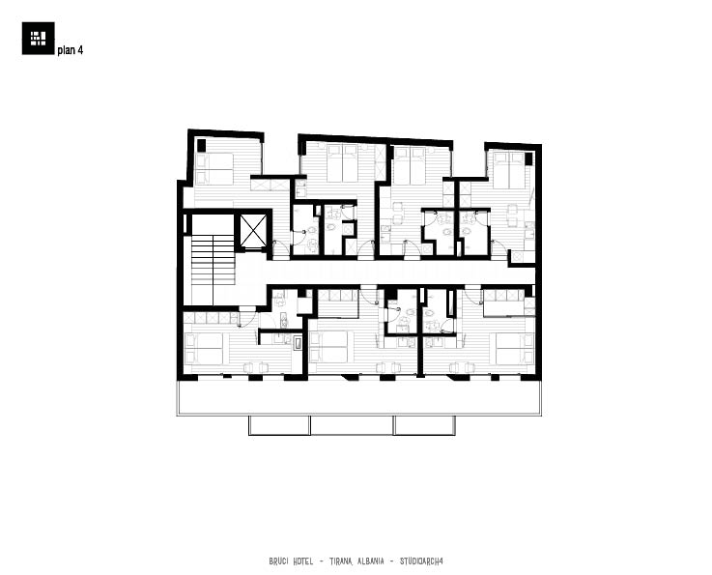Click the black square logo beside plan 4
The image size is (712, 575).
coord(38,38)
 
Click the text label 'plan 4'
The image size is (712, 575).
coord(70,50)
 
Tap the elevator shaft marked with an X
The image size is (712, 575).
coord(253,231)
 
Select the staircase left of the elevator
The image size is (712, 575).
coord(213,259)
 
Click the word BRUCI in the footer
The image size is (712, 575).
coord(279,561)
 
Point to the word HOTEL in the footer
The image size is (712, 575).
coord(302,561)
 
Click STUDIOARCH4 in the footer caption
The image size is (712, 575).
coord(421,561)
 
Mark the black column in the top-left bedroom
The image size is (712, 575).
coord(201,146)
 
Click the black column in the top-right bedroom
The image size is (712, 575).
coord(528,158)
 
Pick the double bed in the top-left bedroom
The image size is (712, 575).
coord(214,169)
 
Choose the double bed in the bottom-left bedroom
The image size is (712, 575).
coord(204,348)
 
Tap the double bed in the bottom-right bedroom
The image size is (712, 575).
coord(515,348)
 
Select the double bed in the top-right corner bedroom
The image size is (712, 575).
coord(509,170)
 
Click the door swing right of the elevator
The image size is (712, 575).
coord(281,247)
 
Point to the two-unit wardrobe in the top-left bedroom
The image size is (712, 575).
coord(270,185)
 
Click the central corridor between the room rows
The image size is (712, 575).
coord(400,273)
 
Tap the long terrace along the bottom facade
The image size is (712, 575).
coord(358,397)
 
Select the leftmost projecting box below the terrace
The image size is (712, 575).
coord(279,425)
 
